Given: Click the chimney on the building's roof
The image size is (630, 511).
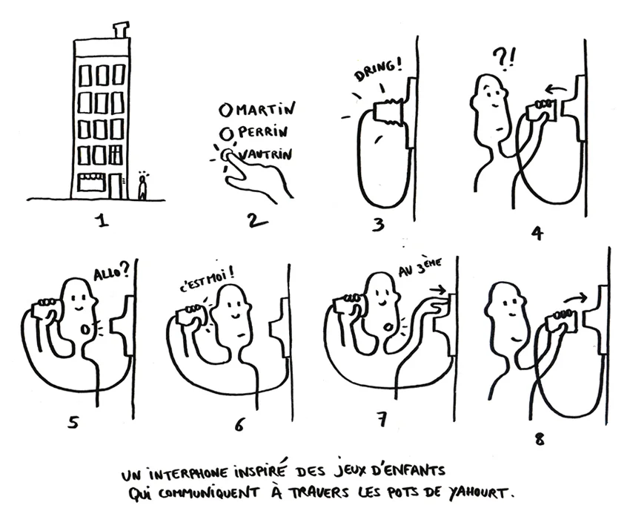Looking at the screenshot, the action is tap(120, 31).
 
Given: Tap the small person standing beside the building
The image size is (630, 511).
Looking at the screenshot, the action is tap(142, 188).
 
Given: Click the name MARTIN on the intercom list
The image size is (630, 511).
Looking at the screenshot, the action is tap(265, 108).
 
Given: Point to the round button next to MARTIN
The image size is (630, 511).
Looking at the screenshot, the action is tap(226, 109).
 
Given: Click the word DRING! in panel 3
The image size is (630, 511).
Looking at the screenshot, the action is tap(378, 70).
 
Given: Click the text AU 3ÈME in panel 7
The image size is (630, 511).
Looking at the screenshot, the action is tap(420, 267).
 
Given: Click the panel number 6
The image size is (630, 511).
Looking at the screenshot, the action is tap(239, 423).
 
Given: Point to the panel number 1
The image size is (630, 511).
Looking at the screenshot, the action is tap(102, 220).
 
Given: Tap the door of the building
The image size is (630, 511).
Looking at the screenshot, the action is tap(116, 186).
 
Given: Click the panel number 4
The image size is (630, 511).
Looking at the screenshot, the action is tap(537, 233).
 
